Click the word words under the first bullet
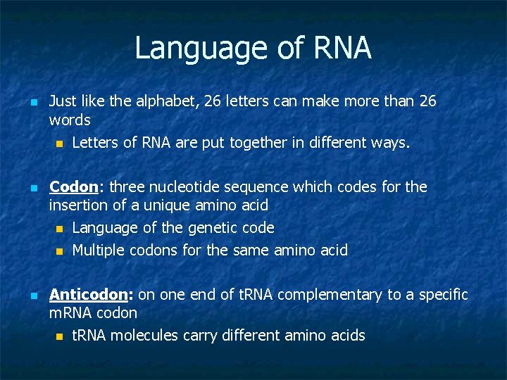[x=70, y=120]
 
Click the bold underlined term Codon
[x=73, y=187]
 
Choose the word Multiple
[x=98, y=251]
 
